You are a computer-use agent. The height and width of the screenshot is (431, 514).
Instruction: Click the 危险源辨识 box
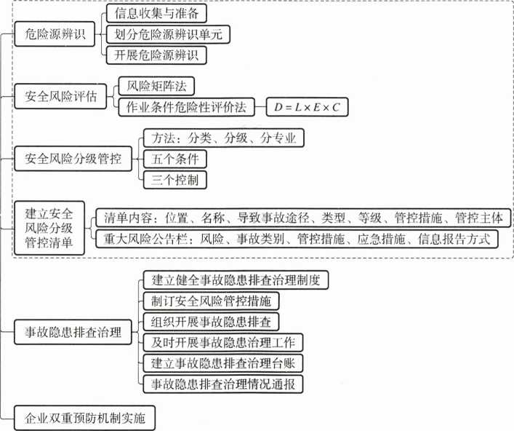[x=55, y=33]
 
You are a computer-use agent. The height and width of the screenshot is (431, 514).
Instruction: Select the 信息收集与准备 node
[x=156, y=13]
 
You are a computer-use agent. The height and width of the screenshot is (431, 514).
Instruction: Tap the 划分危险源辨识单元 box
[x=168, y=34]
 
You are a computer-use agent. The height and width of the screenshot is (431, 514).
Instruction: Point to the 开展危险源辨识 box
[x=156, y=55]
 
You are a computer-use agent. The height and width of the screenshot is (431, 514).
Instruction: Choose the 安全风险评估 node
[x=60, y=97]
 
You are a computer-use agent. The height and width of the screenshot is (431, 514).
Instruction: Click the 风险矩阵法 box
[x=156, y=86]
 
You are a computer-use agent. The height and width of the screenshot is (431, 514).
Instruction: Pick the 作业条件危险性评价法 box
[x=187, y=107]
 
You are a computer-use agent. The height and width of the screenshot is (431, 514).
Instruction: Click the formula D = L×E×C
[x=307, y=107]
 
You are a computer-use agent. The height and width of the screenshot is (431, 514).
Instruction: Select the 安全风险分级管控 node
[x=73, y=159]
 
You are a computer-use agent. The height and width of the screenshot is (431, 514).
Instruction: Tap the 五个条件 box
[x=175, y=159]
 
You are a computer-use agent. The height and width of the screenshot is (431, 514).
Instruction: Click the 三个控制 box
[x=175, y=180]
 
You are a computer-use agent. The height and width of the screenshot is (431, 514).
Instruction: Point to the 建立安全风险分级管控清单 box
[x=49, y=228]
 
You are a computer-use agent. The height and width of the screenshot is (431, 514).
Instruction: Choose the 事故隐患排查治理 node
[x=73, y=332]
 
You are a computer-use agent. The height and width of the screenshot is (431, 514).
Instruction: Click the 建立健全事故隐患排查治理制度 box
[x=236, y=280]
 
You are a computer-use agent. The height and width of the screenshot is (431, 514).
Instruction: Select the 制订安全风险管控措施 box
[x=211, y=301]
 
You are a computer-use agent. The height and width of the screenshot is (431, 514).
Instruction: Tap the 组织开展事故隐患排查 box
[x=211, y=322]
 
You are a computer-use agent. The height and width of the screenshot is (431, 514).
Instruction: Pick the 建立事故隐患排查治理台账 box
[x=223, y=363]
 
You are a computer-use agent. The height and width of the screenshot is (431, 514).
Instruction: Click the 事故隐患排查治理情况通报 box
[x=223, y=384]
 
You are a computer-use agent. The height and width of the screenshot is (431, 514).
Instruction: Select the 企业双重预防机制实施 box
[x=84, y=418]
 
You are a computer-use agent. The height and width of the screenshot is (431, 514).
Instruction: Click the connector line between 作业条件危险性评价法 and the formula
[x=260, y=107]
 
